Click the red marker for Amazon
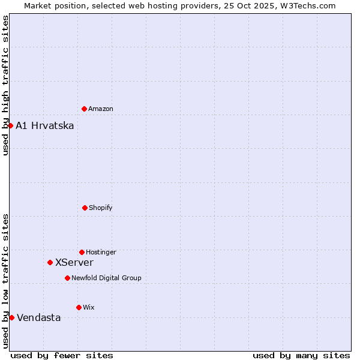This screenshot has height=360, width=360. click(84, 109)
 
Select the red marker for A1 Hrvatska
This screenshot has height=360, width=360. click(10, 125)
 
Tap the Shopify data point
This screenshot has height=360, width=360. click(85, 208)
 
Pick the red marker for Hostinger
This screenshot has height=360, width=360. click(82, 252)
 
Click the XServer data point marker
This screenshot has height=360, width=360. click(50, 262)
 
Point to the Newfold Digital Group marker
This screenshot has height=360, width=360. click(67, 278)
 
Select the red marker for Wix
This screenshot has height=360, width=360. click(79, 307)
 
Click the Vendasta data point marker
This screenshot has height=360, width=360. click(11, 317)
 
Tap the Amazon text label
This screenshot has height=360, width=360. click(101, 109)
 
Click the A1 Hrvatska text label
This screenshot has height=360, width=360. click(45, 125)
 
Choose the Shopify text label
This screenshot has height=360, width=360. click(101, 208)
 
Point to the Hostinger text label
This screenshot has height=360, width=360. click(101, 252)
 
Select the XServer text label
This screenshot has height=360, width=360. click(74, 262)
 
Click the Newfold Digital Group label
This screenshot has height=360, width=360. click(106, 278)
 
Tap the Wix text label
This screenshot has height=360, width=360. click(89, 307)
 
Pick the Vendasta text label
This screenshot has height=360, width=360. click(39, 317)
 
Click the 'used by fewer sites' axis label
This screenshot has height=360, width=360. click(62, 355)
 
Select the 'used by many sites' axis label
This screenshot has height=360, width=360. click(301, 355)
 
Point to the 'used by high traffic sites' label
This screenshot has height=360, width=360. click(5, 85)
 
